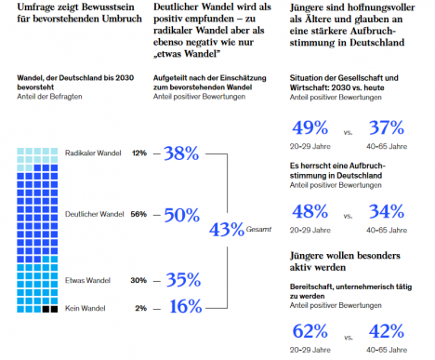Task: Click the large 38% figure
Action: click(x=181, y=153)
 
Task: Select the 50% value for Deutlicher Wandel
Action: click(x=182, y=215)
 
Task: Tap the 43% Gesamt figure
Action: click(x=227, y=230)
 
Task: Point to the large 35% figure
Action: click(x=183, y=280)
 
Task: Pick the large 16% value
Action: click(x=186, y=306)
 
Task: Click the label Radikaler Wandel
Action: click(x=93, y=153)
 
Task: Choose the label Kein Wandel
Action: click(x=86, y=308)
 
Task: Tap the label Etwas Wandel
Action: click(x=87, y=280)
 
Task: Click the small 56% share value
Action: click(x=138, y=214)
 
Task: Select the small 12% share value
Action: click(x=139, y=153)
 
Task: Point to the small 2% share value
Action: click(x=141, y=308)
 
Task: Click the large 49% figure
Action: click(x=310, y=127)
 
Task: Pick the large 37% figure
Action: click(x=387, y=127)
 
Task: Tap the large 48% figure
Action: click(x=310, y=211)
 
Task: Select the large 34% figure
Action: click(x=387, y=211)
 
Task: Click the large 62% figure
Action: click(x=310, y=331)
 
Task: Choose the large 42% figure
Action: click(x=387, y=331)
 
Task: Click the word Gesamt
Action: click(x=258, y=230)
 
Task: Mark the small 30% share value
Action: click(x=138, y=280)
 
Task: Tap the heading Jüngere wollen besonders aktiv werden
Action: click(x=345, y=261)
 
